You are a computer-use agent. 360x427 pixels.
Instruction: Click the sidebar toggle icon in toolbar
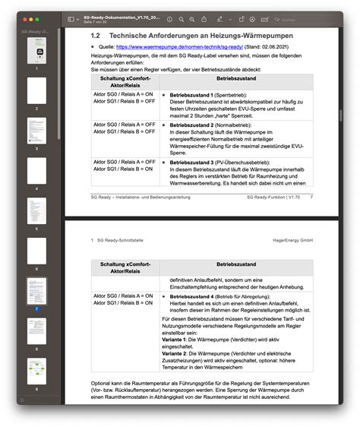point(71,19)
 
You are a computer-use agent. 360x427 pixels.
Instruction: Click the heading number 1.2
point(96,36)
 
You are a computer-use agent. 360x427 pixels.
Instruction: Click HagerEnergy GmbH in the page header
point(292,240)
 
